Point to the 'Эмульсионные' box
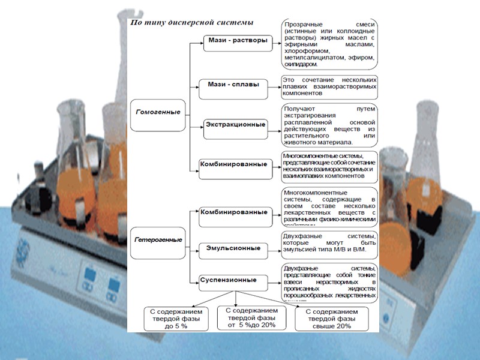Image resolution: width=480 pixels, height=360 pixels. pyautogui.click(x=233, y=248)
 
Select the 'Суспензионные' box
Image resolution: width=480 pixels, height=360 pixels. pyautogui.click(x=232, y=280)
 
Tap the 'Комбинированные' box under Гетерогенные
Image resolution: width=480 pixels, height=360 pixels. pyautogui.click(x=233, y=212)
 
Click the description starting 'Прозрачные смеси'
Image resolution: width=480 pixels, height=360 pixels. pyautogui.click(x=330, y=43)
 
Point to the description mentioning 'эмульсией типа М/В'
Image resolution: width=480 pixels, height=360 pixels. pyautogui.click(x=329, y=245)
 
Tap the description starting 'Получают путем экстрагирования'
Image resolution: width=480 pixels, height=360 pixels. pyautogui.click(x=329, y=125)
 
